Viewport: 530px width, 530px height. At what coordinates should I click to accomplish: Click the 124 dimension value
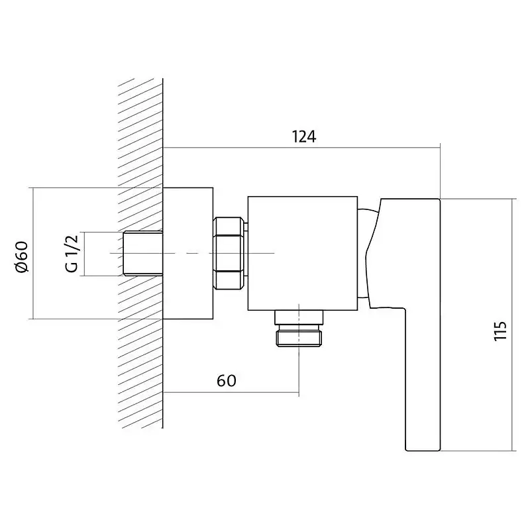point(303,137)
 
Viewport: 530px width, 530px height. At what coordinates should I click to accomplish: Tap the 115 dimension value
point(501,331)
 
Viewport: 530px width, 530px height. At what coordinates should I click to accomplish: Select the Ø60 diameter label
point(22,257)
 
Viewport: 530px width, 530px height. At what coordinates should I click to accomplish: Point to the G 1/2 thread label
point(72,253)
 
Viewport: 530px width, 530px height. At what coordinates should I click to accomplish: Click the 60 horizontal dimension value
point(226,381)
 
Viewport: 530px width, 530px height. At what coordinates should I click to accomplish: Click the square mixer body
point(303,253)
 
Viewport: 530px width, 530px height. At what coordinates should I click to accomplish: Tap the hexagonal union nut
point(228,254)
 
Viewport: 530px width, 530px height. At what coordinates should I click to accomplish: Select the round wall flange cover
point(188,253)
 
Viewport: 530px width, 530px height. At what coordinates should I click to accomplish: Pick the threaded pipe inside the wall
point(143,253)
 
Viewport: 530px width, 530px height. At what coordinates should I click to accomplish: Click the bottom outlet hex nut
point(299,339)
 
